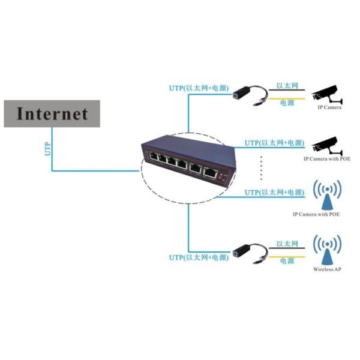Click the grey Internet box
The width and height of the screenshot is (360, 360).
(x=52, y=114)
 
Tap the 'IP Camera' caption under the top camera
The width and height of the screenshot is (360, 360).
(x=329, y=108)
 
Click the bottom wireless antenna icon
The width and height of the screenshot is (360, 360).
(x=328, y=250)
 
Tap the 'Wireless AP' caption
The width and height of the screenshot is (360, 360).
(x=328, y=270)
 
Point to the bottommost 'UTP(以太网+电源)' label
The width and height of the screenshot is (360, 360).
(x=199, y=257)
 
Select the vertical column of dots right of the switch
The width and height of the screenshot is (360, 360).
(x=262, y=169)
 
